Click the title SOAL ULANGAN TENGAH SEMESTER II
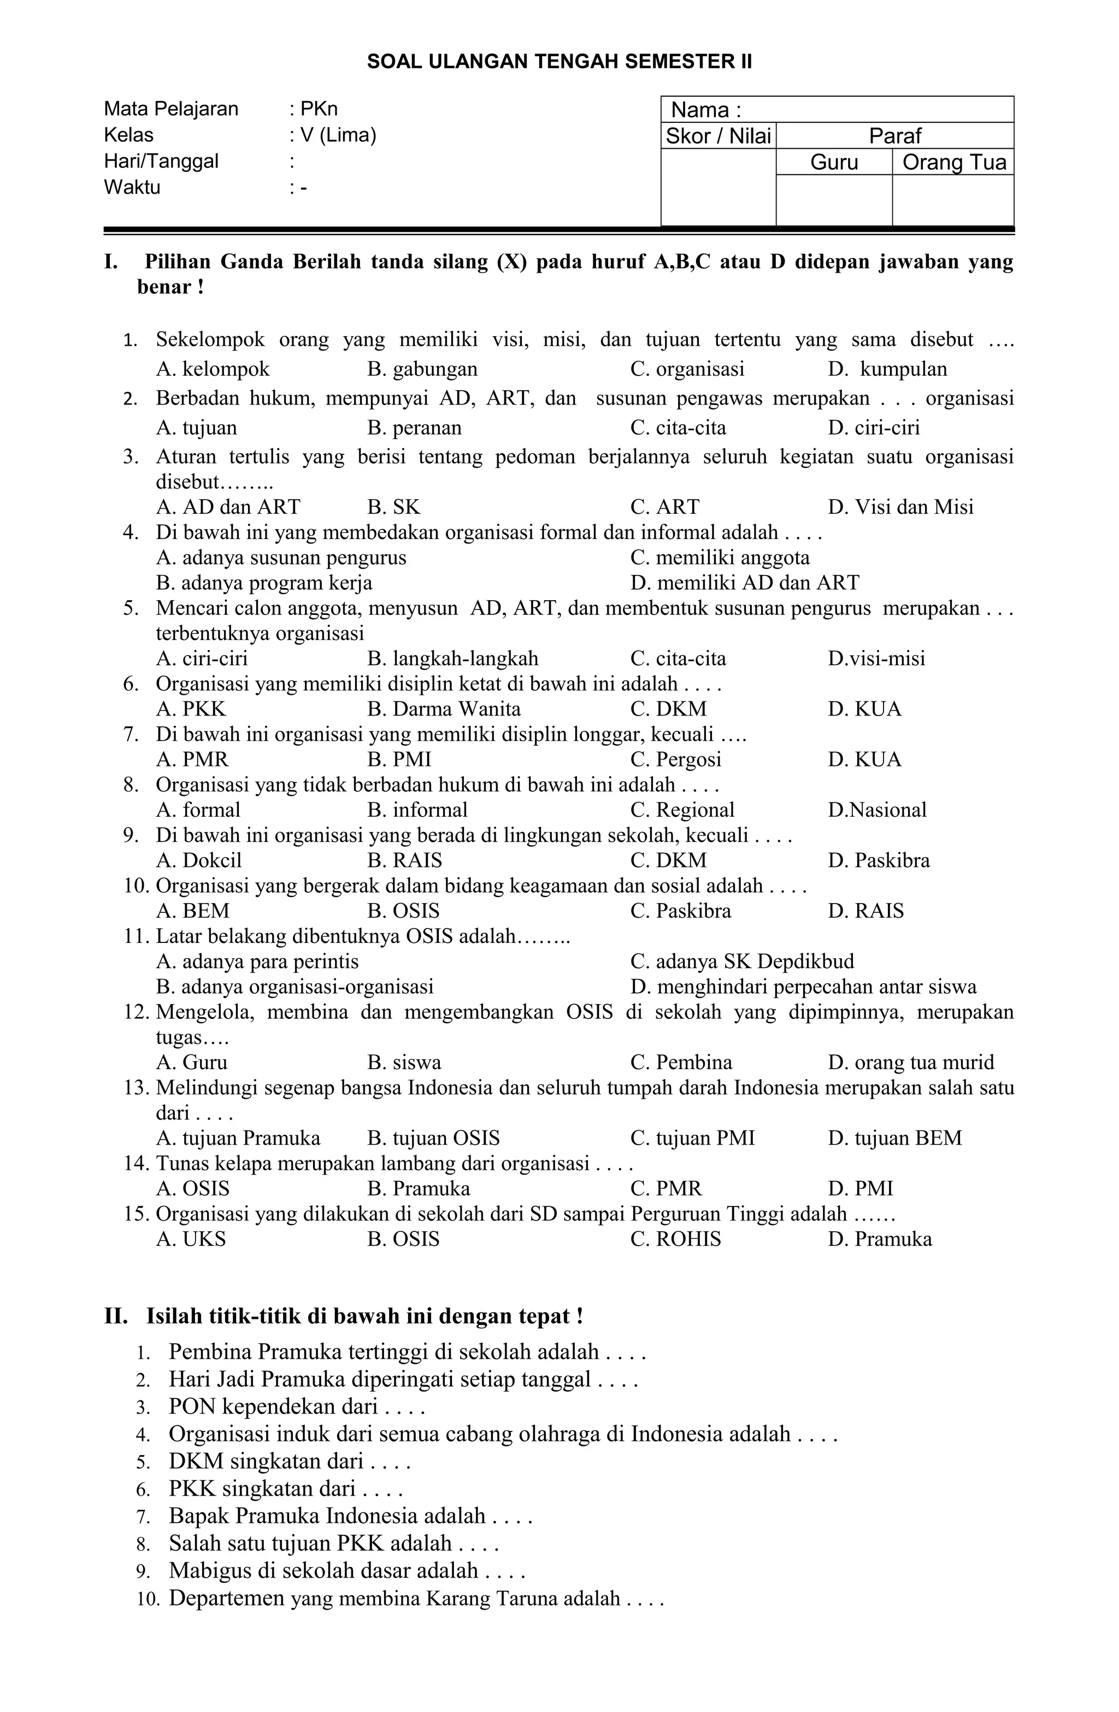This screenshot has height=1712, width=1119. [x=559, y=61]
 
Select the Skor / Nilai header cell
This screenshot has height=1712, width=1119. [x=718, y=136]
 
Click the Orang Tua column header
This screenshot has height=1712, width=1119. [x=953, y=162]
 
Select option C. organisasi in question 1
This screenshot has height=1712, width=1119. [x=687, y=369]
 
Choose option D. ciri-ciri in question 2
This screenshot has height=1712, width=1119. [x=873, y=428]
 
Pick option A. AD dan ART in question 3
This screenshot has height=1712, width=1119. [x=227, y=507]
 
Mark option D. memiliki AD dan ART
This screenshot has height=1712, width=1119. [x=744, y=583]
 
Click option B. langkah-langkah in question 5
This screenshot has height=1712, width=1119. [x=452, y=659]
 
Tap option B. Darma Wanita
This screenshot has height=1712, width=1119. [x=444, y=710]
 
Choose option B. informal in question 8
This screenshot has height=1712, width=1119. [x=417, y=810]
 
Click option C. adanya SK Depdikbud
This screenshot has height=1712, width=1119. [x=742, y=961]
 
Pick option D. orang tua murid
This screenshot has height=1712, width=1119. [x=910, y=1063]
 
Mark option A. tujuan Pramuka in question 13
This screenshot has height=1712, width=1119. [x=238, y=1138]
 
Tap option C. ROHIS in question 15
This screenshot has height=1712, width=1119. [x=675, y=1239]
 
